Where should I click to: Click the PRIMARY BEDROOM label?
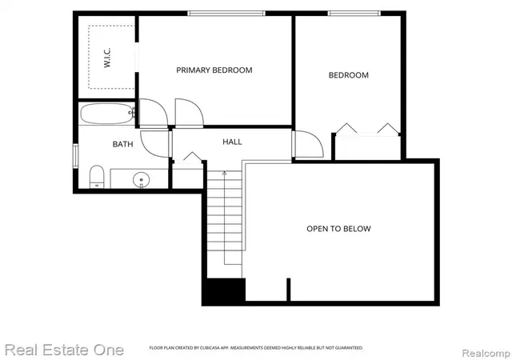click(214, 70)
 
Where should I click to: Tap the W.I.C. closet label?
click(107, 58)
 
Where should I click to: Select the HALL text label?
click(232, 142)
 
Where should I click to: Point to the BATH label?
click(122, 144)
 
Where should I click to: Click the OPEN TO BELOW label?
click(338, 229)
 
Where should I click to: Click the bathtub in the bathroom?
click(107, 114)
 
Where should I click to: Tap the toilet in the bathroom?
click(97, 177)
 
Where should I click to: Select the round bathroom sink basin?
click(141, 180)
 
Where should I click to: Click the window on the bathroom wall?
click(75, 156)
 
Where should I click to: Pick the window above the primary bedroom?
click(226, 14)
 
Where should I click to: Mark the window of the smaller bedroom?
click(354, 14)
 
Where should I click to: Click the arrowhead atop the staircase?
click(224, 173)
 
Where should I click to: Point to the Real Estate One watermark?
click(64, 350)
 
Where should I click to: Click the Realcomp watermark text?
click(486, 353)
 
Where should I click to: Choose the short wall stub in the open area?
click(288, 290)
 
